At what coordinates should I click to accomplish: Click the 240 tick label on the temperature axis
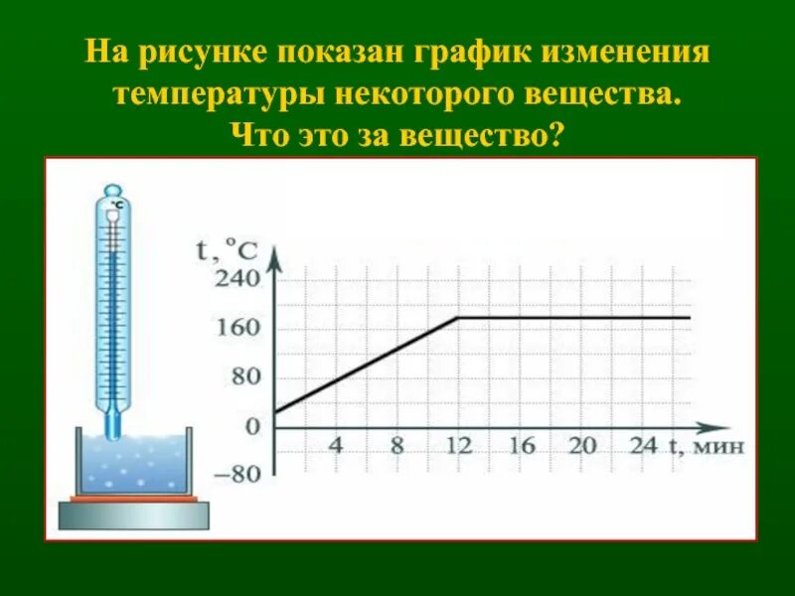tap(238, 279)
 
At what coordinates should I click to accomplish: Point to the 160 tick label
tap(238, 328)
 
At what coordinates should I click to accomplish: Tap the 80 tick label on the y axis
tap(243, 376)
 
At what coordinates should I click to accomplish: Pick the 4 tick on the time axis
tap(336, 445)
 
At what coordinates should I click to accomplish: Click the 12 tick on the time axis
tap(458, 445)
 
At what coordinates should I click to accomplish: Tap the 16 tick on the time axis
tap(521, 445)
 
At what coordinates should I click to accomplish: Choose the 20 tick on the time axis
tap(582, 445)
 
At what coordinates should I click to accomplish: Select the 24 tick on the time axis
tap(643, 445)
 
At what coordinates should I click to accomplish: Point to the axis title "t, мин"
tap(706, 446)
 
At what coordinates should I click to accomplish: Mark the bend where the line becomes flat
tap(458, 318)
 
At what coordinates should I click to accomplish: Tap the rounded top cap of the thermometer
tap(113, 191)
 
